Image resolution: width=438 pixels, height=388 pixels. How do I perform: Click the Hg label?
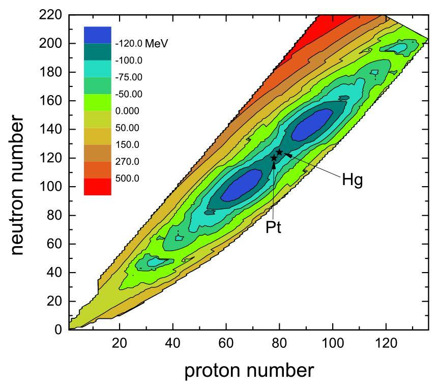[x=352, y=181]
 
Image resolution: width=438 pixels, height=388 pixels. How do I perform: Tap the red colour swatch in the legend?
[x=97, y=187]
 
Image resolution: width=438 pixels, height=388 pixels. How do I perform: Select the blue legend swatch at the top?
[x=97, y=35]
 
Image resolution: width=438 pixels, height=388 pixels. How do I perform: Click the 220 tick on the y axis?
[x=52, y=15]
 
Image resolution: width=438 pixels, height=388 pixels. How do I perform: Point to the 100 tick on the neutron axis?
[x=52, y=187]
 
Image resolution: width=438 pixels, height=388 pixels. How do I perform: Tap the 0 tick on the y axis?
[x=59, y=330]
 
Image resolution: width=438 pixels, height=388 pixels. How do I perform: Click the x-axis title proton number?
[x=249, y=371]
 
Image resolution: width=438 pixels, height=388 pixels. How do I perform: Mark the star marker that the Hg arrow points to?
[x=279, y=152]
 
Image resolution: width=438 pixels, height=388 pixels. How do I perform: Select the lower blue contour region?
[x=242, y=185]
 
